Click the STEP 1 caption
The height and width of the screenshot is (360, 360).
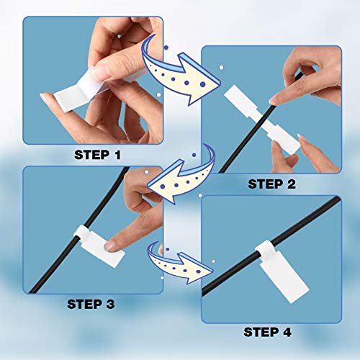(x=109, y=154)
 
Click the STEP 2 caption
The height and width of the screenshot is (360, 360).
(x=271, y=184)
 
